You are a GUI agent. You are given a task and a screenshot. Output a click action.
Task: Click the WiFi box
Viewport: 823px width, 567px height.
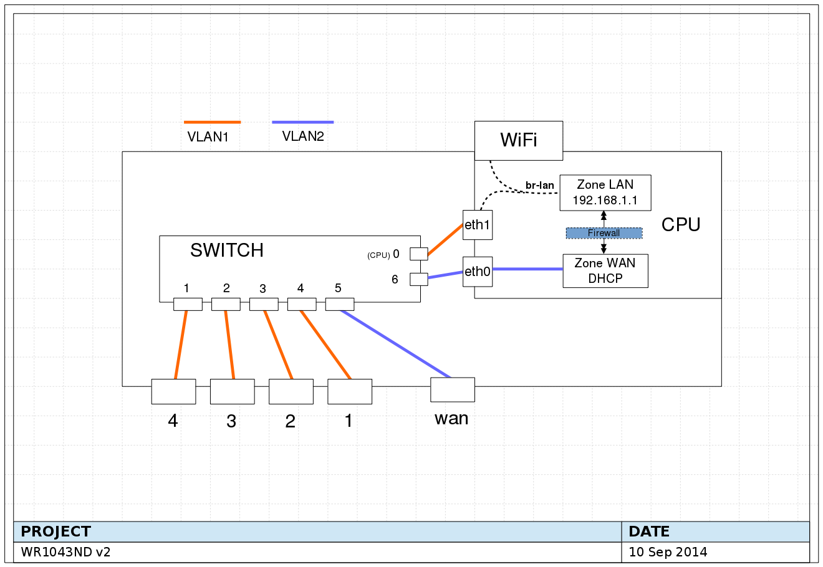point(519,140)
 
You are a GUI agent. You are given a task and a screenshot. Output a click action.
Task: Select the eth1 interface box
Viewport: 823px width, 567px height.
point(478,225)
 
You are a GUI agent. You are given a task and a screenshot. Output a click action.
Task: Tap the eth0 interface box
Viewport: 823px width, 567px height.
point(478,272)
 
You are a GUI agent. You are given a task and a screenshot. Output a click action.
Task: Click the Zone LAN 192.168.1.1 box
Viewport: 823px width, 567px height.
point(605,193)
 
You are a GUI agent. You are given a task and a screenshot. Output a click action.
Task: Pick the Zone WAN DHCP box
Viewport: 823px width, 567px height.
point(605,271)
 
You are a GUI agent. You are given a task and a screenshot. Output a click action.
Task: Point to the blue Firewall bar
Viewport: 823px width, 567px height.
point(604,233)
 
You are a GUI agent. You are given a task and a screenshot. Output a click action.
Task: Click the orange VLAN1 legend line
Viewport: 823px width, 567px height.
point(212,122)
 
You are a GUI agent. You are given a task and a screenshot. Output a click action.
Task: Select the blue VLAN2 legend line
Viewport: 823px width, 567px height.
point(303,122)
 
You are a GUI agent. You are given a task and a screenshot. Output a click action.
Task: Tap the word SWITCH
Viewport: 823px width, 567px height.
point(227,250)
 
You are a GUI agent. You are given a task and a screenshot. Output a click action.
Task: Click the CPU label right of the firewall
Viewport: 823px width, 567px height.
point(681,225)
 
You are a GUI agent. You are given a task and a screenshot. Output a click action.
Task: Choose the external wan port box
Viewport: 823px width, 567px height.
point(453,389)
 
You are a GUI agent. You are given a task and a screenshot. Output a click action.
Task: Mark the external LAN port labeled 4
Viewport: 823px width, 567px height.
point(173,391)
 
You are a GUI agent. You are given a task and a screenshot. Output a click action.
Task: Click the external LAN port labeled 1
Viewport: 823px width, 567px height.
point(350,391)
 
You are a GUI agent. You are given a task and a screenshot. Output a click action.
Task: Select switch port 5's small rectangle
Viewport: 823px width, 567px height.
point(340,304)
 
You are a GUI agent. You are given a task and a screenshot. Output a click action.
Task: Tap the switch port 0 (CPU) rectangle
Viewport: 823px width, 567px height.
point(418,254)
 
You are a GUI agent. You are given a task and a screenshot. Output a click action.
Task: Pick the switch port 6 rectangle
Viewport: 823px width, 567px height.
point(418,279)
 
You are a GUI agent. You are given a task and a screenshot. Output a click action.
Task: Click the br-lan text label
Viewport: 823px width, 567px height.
point(539,186)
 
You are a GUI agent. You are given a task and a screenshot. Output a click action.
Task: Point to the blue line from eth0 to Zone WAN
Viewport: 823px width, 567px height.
point(527,269)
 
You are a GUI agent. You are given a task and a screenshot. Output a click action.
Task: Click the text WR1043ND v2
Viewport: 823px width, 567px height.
point(65,552)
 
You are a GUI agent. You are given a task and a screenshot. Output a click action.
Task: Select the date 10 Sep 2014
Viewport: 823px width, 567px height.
point(668,552)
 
